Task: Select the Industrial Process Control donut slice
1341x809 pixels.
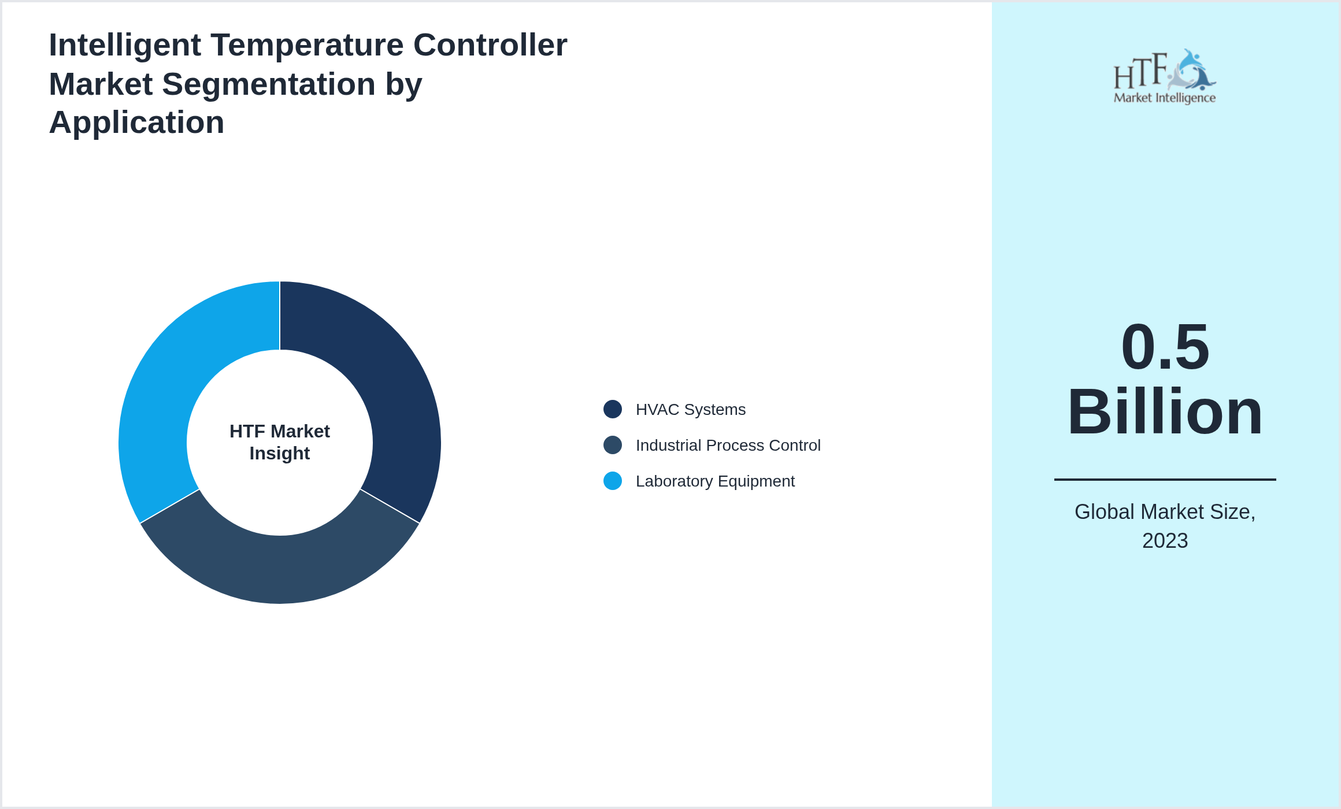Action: (280, 569)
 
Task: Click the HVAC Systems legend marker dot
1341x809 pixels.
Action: (612, 409)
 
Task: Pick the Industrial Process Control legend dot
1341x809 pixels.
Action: (612, 445)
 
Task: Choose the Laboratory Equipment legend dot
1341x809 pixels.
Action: (612, 481)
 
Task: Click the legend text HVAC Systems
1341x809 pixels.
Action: (690, 410)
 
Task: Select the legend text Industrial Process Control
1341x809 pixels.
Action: (728, 446)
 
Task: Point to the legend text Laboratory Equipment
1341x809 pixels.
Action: (715, 481)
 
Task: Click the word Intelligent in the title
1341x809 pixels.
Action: (125, 45)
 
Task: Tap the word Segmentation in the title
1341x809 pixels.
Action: (269, 84)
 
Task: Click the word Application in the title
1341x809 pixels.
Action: (136, 123)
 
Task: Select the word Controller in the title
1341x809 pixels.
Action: (490, 45)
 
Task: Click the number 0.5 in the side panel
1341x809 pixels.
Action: (1165, 347)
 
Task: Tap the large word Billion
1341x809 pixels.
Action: (1165, 412)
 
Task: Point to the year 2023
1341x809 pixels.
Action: (1165, 541)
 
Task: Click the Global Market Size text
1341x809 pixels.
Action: (1165, 512)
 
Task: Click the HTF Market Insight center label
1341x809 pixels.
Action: (280, 442)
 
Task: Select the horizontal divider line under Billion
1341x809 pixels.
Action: (1165, 479)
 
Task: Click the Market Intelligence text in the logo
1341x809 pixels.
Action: (1164, 98)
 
